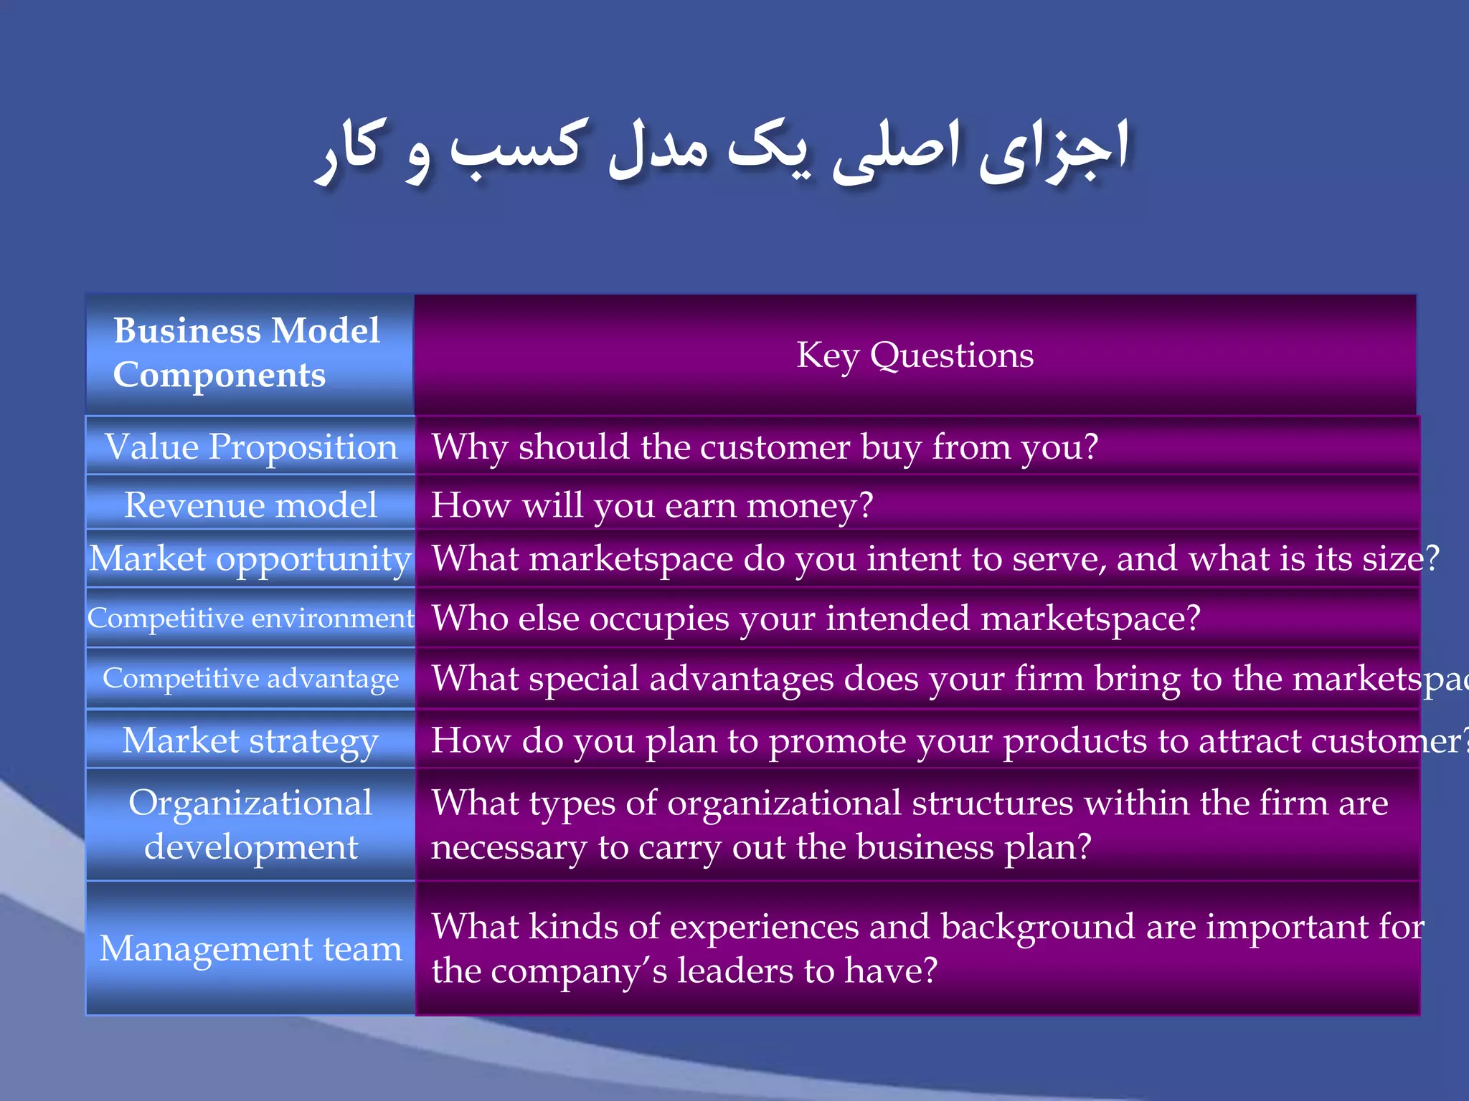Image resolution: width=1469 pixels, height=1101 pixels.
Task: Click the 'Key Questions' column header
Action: coord(915,355)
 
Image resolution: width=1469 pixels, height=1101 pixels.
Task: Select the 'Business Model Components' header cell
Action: coord(247,353)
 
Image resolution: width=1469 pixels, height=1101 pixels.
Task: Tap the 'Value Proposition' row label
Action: coord(251,447)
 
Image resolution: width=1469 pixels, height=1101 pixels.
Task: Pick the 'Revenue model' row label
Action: coord(251,505)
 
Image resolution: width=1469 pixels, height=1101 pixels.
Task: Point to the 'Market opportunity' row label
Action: coord(251,558)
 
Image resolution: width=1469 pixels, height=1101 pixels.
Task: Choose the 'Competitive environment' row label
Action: coord(251,618)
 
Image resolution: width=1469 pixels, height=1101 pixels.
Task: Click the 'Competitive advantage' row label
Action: coord(251,678)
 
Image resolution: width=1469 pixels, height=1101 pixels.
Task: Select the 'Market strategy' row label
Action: coord(251,740)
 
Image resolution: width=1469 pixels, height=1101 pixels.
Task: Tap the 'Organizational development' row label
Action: coord(251,824)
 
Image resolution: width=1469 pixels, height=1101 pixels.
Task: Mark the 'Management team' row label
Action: coord(251,948)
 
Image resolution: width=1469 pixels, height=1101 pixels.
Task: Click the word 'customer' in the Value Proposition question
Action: coord(775,447)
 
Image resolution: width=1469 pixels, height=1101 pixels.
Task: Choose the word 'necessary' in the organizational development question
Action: coord(509,848)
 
